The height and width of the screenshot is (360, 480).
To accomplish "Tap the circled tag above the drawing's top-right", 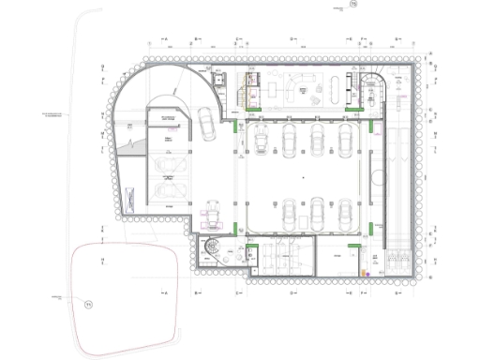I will (x=353, y=7).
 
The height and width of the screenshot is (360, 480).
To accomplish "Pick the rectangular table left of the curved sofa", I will (x=273, y=89).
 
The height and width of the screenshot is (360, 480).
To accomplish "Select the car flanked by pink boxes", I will (x=213, y=213).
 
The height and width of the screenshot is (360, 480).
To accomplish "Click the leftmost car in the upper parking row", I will (x=260, y=142).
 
